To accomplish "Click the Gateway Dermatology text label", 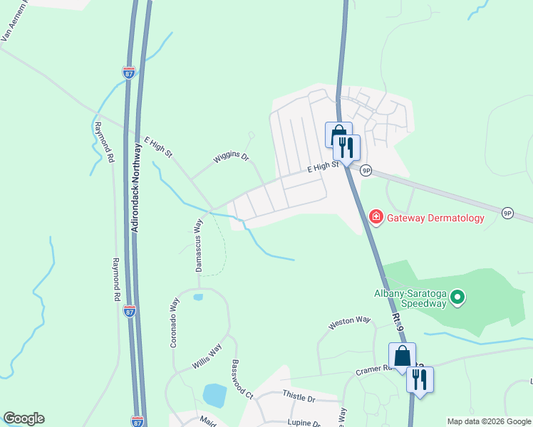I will coord(435,218).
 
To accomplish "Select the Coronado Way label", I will coord(174,322).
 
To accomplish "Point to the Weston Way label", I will coord(350,323).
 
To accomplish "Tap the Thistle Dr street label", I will coord(298,397).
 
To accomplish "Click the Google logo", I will coord(24,418).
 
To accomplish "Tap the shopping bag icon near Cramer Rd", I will coord(401,355).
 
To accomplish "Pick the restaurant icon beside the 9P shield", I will coord(346,147).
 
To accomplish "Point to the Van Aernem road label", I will coord(15,21).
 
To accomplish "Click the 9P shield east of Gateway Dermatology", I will coord(507,213).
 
